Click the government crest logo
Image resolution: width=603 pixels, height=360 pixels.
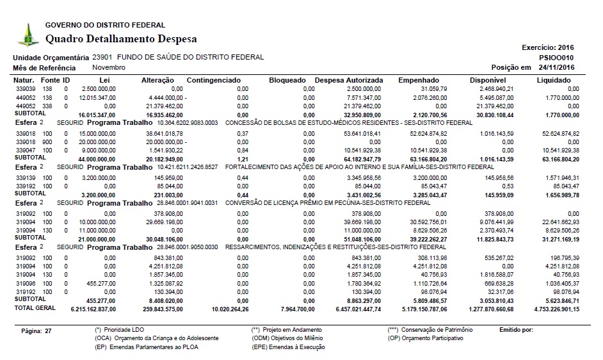pos(28,34)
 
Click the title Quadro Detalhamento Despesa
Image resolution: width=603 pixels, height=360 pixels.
pos(121,39)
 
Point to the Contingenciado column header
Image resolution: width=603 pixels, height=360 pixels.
pos(213,80)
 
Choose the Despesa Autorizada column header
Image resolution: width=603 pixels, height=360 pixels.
pos(349,80)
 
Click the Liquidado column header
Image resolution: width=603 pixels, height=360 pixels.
pos(554,80)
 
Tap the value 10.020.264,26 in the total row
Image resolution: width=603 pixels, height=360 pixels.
pos(219,309)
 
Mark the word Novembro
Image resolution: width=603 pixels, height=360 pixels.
pos(109,67)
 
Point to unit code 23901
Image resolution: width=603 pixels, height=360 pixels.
pos(102,57)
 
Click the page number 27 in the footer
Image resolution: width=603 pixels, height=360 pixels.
pos(47,331)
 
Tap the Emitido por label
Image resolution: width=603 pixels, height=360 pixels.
pos(515,329)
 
